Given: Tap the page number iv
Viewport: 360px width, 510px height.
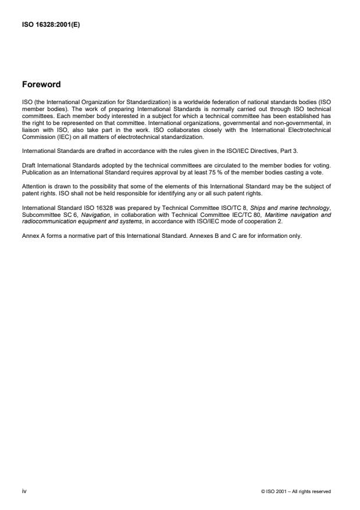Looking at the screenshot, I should tap(24, 491).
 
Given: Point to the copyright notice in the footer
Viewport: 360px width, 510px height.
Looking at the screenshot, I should tap(297, 492).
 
